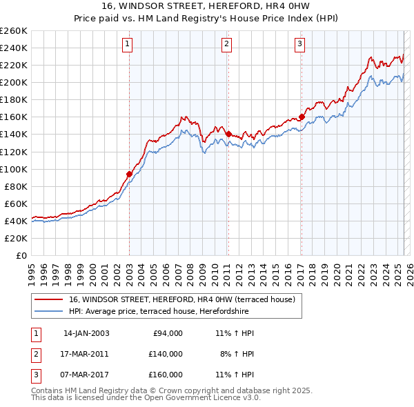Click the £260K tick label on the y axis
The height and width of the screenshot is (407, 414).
14,31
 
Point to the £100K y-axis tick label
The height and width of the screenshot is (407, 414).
14,169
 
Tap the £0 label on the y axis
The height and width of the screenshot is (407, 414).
21,256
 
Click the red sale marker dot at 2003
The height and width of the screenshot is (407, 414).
129,174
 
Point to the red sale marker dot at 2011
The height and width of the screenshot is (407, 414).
228,134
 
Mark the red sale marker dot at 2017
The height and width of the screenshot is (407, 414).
302,117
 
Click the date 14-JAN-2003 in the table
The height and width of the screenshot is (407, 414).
86,333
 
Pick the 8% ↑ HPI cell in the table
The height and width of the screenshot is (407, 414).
237,354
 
